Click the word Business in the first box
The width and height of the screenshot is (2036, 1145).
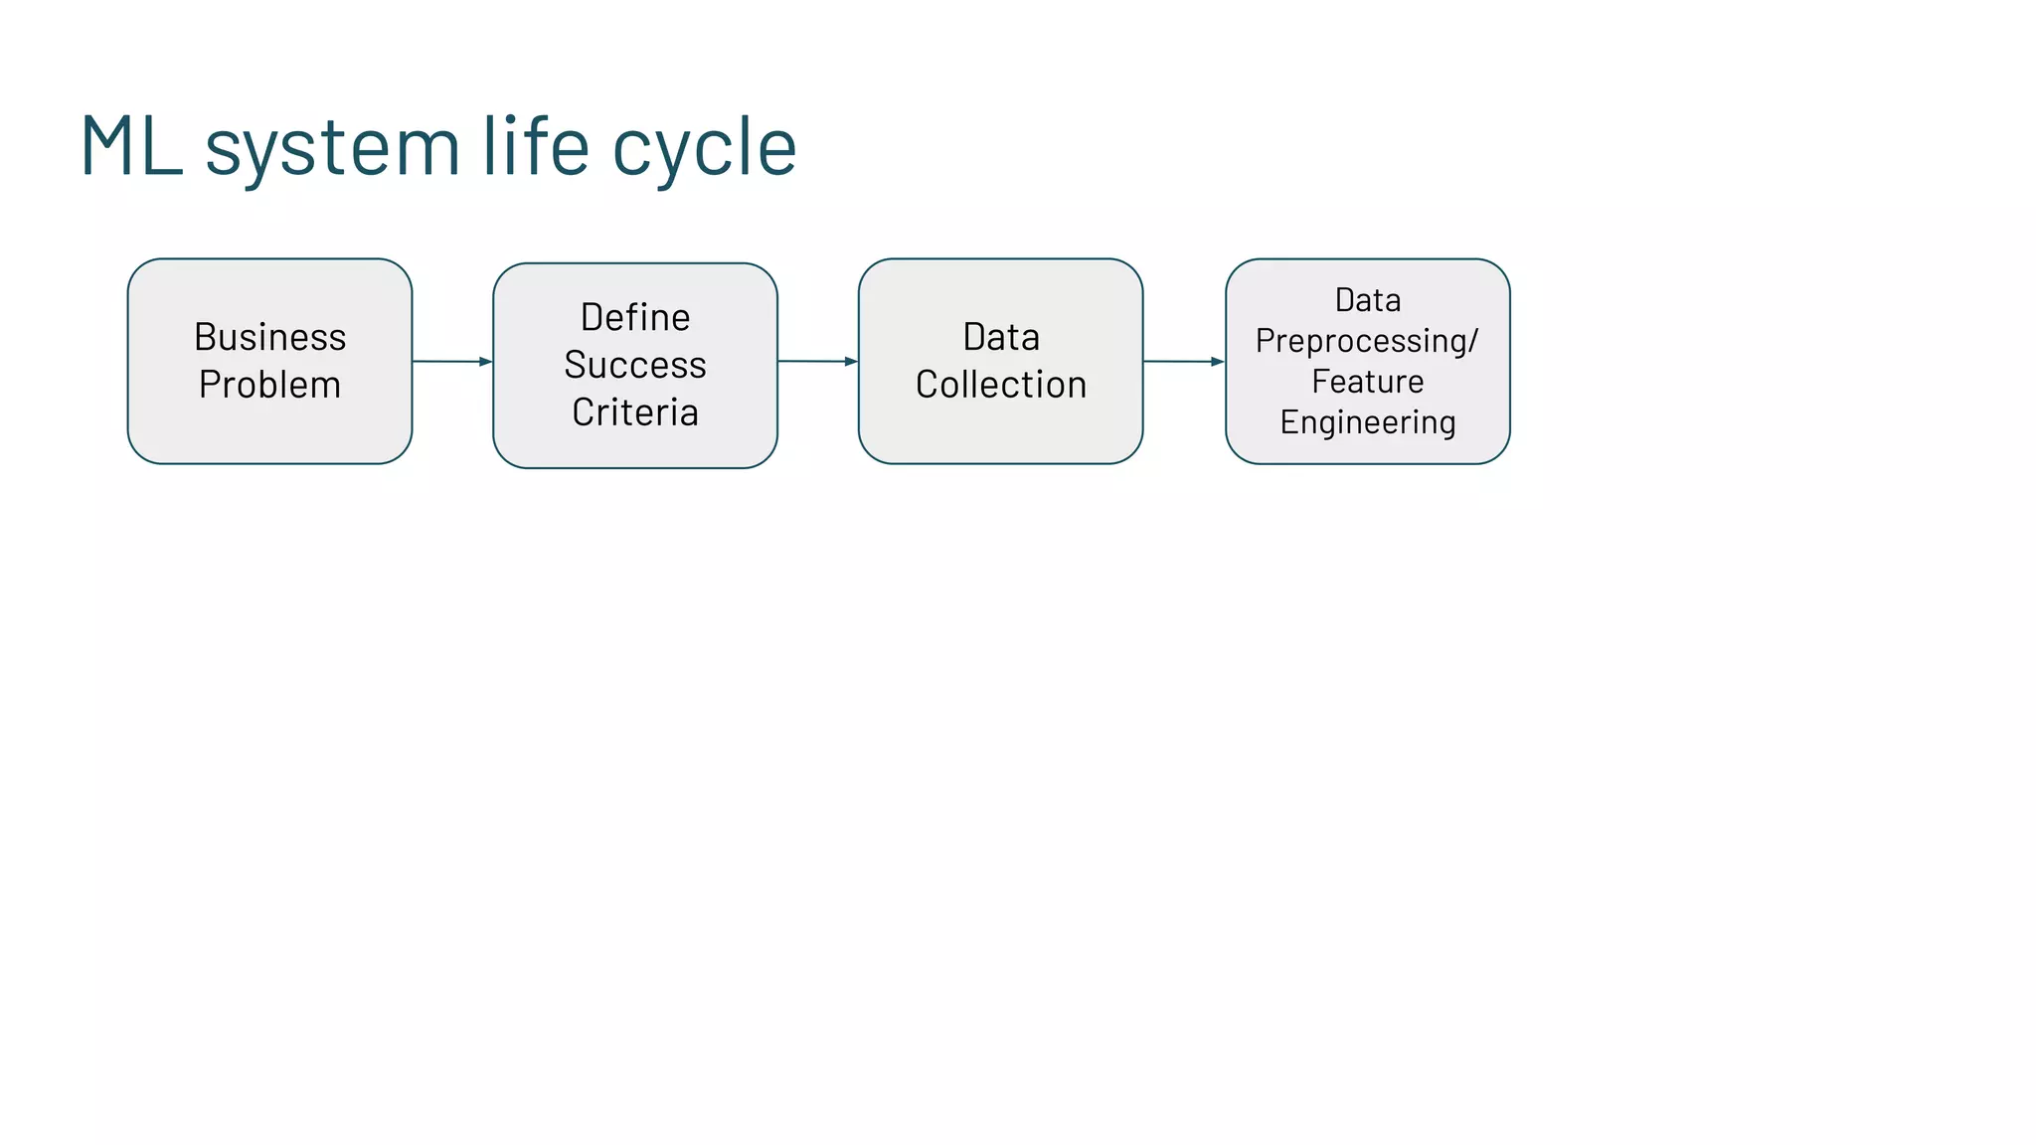click(269, 338)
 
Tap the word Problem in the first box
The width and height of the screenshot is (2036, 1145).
click(269, 385)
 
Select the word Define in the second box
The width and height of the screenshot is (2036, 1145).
click(635, 318)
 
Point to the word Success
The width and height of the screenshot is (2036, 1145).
click(635, 365)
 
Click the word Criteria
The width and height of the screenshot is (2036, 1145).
click(635, 412)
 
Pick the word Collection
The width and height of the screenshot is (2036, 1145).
click(1001, 385)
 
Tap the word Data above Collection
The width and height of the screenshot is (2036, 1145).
click(1001, 338)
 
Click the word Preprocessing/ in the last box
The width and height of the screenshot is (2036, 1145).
click(1367, 341)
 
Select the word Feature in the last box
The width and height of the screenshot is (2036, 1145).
click(1367, 382)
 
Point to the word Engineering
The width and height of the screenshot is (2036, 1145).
click(1367, 422)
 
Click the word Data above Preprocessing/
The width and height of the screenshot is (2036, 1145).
click(1367, 300)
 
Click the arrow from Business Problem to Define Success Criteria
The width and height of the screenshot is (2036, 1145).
click(452, 362)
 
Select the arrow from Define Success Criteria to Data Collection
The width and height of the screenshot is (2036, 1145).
click(817, 362)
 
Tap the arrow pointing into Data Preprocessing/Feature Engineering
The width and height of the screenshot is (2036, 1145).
click(1184, 362)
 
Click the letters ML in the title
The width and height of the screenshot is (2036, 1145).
click(132, 147)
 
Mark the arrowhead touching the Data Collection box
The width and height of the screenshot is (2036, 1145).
click(851, 362)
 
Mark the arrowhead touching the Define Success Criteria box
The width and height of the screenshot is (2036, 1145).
click(485, 362)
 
